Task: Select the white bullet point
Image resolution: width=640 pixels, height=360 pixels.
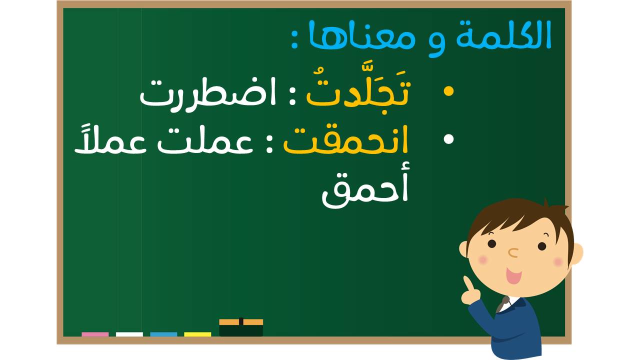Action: click(x=448, y=139)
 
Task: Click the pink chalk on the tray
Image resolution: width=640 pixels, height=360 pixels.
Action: click(x=95, y=334)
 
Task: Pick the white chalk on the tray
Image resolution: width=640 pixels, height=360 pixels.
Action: click(x=129, y=334)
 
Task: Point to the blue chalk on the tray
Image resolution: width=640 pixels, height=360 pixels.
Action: click(x=163, y=334)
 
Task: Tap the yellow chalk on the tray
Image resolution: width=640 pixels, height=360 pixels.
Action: click(x=197, y=334)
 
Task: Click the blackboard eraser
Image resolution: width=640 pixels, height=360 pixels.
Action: click(x=241, y=327)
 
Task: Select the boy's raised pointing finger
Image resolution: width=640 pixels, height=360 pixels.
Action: click(x=468, y=283)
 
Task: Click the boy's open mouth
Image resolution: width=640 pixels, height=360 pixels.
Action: click(x=513, y=275)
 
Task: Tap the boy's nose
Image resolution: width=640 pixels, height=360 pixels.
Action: click(x=513, y=252)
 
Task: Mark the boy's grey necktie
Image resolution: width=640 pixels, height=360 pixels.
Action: click(x=502, y=304)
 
